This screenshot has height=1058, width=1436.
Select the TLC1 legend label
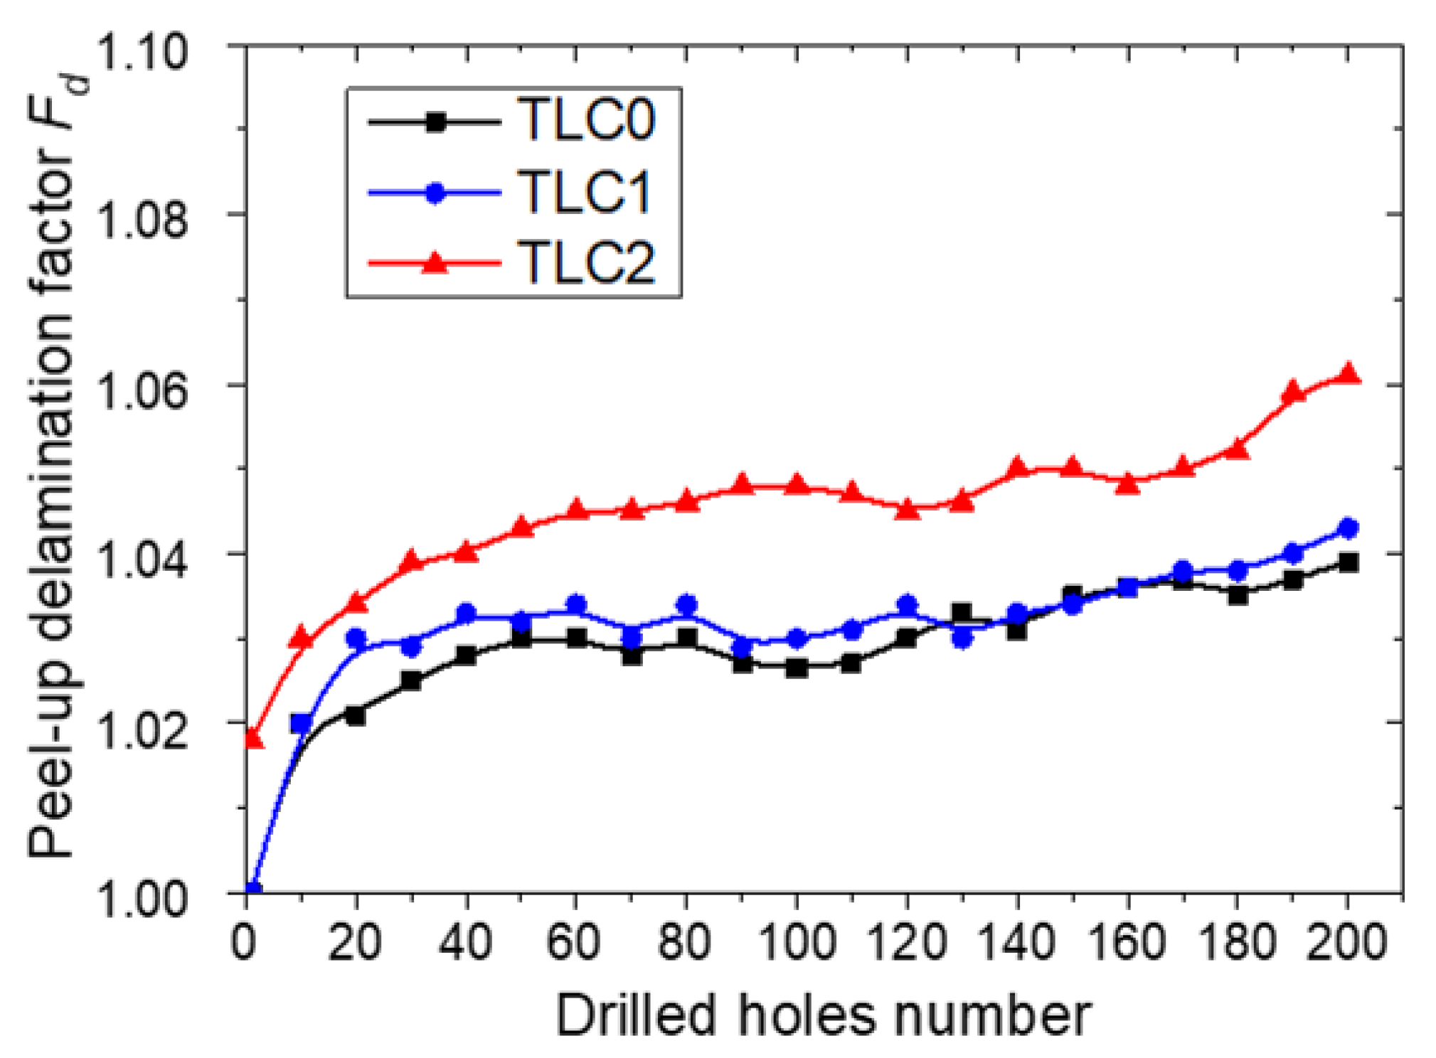(585, 192)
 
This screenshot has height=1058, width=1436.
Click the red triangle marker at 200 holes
(1349, 374)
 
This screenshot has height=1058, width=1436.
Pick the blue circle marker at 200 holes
(1349, 528)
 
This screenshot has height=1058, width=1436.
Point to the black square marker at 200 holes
(1349, 563)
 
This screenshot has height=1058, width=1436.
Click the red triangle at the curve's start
(253, 739)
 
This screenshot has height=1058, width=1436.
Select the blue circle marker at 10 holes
(301, 724)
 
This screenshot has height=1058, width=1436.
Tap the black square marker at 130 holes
(962, 612)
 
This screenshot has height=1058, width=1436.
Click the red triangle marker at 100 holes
(797, 485)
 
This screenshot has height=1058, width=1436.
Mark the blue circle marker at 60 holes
(576, 604)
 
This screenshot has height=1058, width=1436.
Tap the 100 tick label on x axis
(796, 942)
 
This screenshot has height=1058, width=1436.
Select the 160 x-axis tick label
(1127, 942)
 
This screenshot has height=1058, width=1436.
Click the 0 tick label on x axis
(244, 942)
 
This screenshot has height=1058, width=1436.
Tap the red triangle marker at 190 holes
(1293, 392)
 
